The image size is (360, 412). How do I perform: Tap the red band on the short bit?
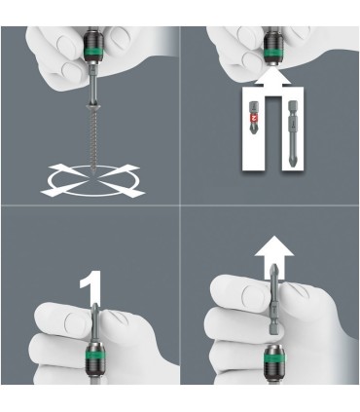coord(253,119)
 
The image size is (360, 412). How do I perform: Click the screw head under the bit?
coord(93,108)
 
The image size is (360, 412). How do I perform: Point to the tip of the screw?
coord(93,173)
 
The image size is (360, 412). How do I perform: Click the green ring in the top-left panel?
coord(93,51)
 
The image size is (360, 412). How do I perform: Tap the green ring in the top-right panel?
coord(273,54)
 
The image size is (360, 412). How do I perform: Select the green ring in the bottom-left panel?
coord(95,356)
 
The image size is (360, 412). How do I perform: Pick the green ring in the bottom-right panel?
coord(273,358)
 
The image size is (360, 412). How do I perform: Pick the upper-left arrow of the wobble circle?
coord(68,170)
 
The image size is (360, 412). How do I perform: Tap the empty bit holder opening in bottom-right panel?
coord(273,348)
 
